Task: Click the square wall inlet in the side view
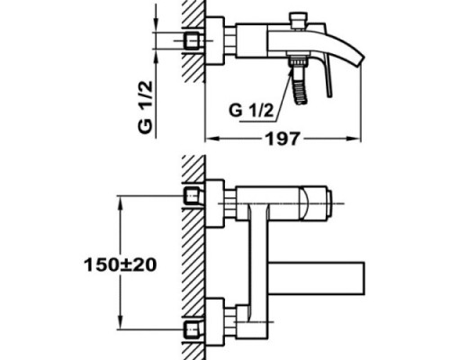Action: (x=190, y=41)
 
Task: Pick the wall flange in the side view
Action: (x=214, y=41)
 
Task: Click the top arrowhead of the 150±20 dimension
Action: (x=120, y=200)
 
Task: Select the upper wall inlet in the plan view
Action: (x=190, y=195)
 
